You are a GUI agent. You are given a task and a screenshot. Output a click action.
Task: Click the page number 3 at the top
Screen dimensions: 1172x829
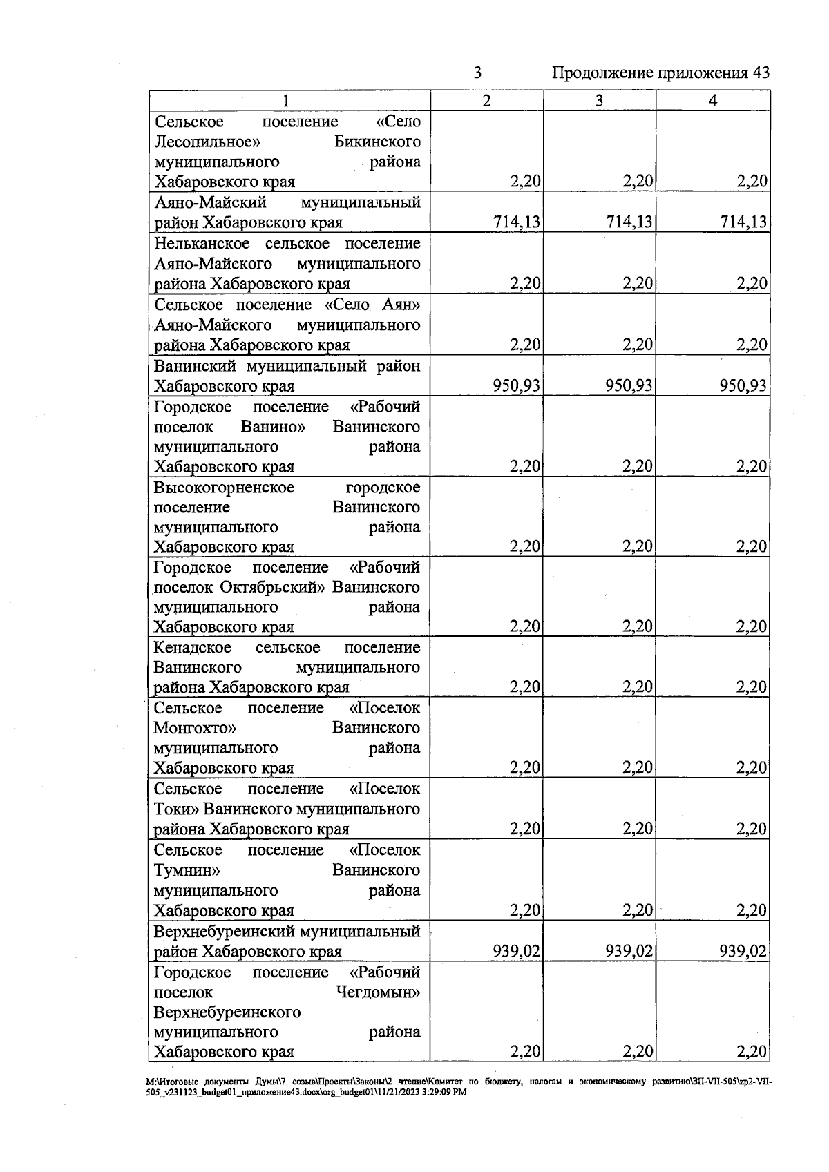pyautogui.click(x=477, y=73)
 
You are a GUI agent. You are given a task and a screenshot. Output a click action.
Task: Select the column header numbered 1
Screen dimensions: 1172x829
pyautogui.click(x=286, y=101)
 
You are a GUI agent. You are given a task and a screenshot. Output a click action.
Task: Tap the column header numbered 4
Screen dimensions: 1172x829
pyautogui.click(x=713, y=101)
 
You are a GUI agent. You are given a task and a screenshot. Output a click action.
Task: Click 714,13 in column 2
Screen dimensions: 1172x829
pyautogui.click(x=517, y=222)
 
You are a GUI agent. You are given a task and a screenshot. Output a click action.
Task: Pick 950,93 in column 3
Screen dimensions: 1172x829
pyautogui.click(x=629, y=385)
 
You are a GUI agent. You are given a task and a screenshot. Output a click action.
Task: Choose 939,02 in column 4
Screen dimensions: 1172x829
pyautogui.click(x=743, y=952)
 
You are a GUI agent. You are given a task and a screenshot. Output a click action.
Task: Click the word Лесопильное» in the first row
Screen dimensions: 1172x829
pyautogui.click(x=207, y=142)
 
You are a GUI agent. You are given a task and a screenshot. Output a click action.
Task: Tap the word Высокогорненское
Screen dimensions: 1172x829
pyautogui.click(x=224, y=488)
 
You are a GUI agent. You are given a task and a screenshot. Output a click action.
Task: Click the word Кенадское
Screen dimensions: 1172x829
pyautogui.click(x=192, y=648)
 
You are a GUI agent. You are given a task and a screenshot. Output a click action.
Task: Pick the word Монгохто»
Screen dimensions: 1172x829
pyautogui.click(x=195, y=729)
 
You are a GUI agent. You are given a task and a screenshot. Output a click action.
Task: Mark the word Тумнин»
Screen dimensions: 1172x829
pyautogui.click(x=187, y=870)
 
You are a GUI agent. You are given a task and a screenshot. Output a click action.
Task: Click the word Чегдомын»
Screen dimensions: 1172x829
pyautogui.click(x=378, y=992)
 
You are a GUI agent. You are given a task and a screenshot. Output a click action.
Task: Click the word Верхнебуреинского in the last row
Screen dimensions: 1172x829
pyautogui.click(x=227, y=1012)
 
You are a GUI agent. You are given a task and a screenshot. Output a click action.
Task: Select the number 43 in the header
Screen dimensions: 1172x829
pyautogui.click(x=758, y=73)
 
